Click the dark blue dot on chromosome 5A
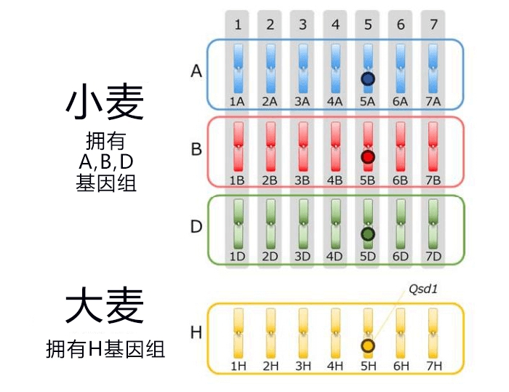click(368, 79)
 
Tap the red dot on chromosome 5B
click(368, 157)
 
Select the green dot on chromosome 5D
click(368, 234)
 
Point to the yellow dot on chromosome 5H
click(368, 346)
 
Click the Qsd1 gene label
click(423, 289)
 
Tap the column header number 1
click(238, 25)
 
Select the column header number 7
click(433, 25)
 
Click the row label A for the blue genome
click(196, 71)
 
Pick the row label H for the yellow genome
click(196, 332)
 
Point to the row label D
click(196, 227)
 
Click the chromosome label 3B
click(302, 180)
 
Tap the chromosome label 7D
click(433, 257)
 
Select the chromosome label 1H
click(238, 366)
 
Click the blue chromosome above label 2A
click(270, 68)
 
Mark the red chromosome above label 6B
click(401, 146)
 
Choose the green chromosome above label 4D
click(335, 224)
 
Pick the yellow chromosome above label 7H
click(433, 333)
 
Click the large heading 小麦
click(105, 101)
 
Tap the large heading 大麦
click(105, 305)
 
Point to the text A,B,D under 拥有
click(106, 161)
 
